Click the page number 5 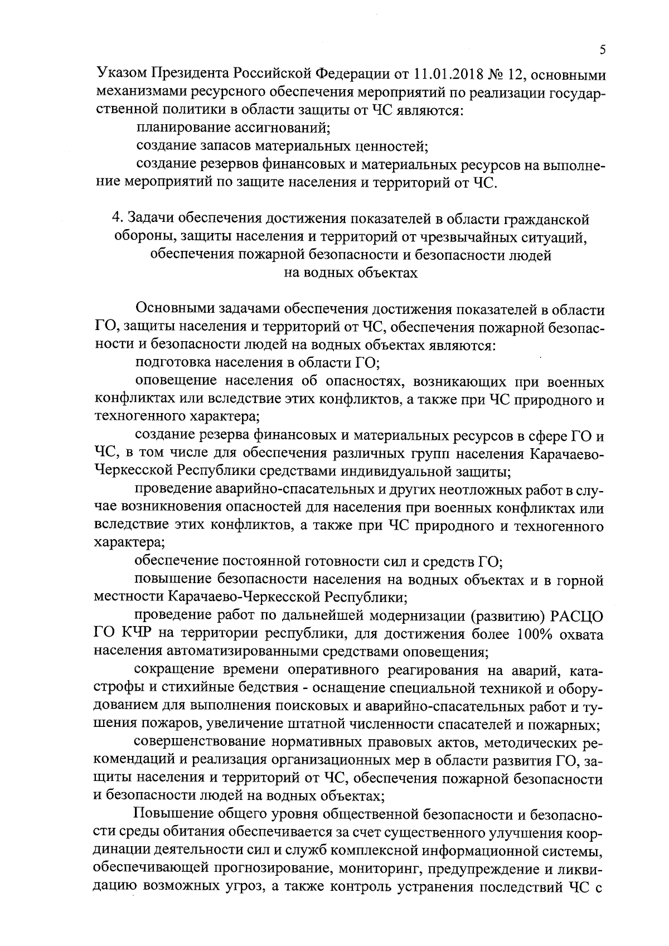coord(603,50)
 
